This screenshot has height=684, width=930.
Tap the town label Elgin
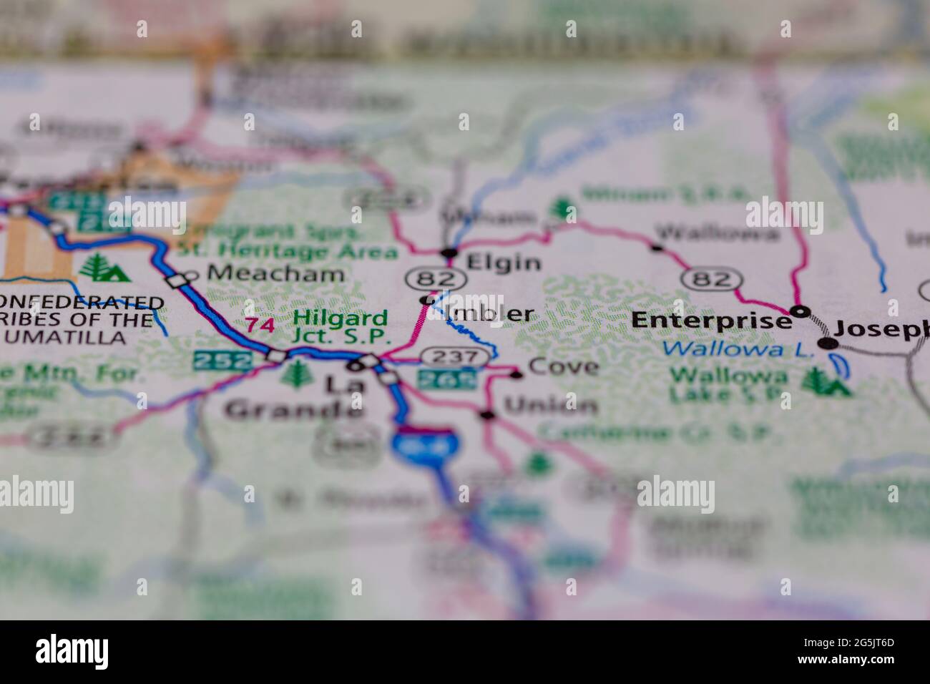pyautogui.click(x=503, y=263)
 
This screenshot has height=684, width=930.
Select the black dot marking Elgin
pyautogui.click(x=449, y=252)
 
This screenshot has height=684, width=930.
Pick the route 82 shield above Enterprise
pyautogui.click(x=708, y=278)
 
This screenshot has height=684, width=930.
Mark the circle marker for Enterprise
pyautogui.click(x=801, y=311)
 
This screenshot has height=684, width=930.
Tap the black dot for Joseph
pyautogui.click(x=828, y=343)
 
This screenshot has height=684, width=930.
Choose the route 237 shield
pyautogui.click(x=448, y=356)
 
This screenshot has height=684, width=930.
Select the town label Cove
pyautogui.click(x=563, y=367)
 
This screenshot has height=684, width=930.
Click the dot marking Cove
pyautogui.click(x=517, y=373)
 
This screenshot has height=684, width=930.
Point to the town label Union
pyautogui.click(x=550, y=406)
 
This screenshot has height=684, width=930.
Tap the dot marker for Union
pyautogui.click(x=487, y=414)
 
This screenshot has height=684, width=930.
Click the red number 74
pyautogui.click(x=260, y=325)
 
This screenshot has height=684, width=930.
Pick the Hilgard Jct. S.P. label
pyautogui.click(x=341, y=326)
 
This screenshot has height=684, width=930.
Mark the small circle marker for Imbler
pyautogui.click(x=427, y=300)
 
